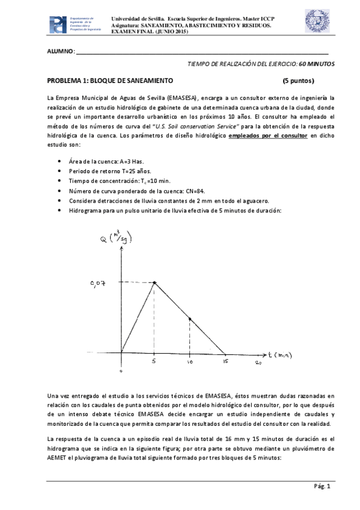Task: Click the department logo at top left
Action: point(58,24)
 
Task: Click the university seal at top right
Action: point(317,22)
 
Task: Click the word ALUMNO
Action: point(61,52)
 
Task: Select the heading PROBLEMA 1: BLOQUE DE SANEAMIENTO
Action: point(110,81)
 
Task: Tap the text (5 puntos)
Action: point(299,81)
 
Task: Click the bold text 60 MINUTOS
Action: point(317,63)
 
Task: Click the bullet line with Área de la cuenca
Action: point(106,161)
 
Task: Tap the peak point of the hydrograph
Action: point(155,282)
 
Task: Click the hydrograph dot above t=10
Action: point(190,319)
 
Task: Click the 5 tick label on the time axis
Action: point(155,362)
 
